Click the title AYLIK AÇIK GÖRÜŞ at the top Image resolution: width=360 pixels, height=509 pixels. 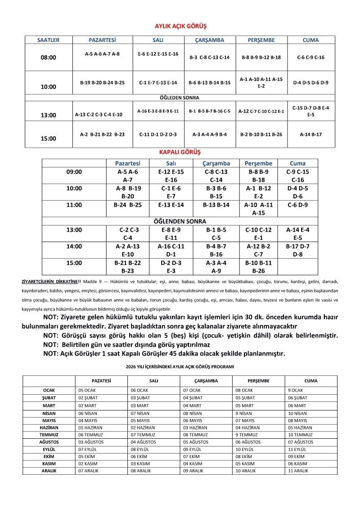[180, 27]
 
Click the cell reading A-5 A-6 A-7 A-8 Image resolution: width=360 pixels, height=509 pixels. [102, 54]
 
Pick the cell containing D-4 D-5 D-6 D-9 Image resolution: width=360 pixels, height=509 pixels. [310, 83]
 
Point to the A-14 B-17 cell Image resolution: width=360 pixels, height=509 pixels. [310, 134]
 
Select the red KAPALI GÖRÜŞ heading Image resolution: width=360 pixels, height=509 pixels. [180, 153]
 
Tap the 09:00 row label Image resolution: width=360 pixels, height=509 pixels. [74, 172]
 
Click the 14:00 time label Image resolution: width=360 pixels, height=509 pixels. [74, 246]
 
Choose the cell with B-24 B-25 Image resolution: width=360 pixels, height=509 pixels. [128, 205]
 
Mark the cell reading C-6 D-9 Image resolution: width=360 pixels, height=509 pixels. [297, 205]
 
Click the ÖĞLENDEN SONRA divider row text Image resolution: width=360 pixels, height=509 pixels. [180, 221]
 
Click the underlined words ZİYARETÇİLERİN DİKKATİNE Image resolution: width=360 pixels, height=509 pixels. [51, 281]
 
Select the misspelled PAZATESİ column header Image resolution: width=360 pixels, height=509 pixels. [101, 381]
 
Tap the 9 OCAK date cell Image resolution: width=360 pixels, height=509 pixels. [296, 390]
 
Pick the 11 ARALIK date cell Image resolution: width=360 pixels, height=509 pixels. [298, 470]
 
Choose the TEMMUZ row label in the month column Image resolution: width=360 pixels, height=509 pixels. [49, 435]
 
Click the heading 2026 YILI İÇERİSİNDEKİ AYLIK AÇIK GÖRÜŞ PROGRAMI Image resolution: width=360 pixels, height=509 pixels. [180, 367]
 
